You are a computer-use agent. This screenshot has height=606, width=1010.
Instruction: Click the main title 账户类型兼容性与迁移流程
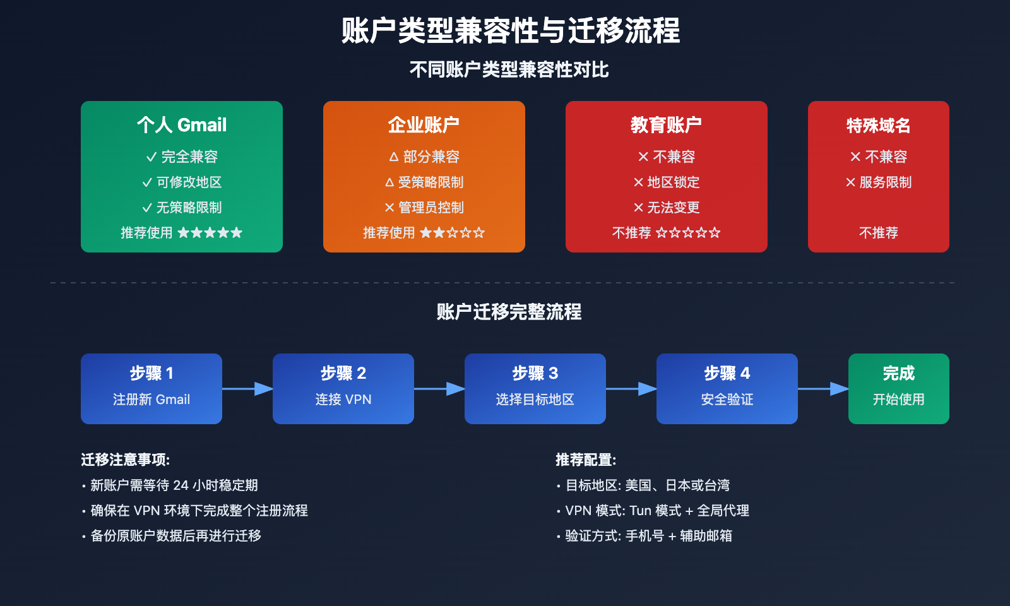pos(510,31)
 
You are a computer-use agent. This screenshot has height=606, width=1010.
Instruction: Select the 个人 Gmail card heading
pos(182,125)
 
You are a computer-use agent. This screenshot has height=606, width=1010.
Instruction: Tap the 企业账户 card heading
pos(424,125)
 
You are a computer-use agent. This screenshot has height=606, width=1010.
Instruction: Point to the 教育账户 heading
pos(666,125)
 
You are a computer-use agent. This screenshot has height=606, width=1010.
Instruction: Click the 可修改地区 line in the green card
pos(182,182)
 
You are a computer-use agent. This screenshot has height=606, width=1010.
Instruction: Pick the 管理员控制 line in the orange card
pos(424,208)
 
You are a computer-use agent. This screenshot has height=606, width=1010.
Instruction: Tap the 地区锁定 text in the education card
pos(667,182)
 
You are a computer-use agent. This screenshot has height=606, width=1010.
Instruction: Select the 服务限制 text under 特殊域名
pos(879,182)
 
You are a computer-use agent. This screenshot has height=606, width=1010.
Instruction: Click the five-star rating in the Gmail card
pos(210,233)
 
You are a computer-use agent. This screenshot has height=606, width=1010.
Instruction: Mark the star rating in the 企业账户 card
pos(453,233)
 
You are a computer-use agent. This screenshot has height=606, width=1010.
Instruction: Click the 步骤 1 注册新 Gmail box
pos(151,388)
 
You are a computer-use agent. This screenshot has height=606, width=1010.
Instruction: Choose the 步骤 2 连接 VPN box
pos(343,388)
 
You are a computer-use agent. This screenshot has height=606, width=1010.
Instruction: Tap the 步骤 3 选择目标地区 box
pos(535,388)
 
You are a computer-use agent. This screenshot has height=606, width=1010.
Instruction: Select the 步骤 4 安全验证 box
pos(727,388)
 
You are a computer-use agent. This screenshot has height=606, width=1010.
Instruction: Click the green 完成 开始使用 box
pos(898,388)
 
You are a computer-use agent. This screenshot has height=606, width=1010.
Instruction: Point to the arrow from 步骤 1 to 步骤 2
pos(247,389)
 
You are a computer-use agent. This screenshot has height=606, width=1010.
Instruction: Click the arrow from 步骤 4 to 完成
pos(823,389)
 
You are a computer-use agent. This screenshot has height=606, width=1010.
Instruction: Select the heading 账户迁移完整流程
pos(509,312)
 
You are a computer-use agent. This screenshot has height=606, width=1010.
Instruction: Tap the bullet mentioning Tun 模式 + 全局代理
pos(656,511)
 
